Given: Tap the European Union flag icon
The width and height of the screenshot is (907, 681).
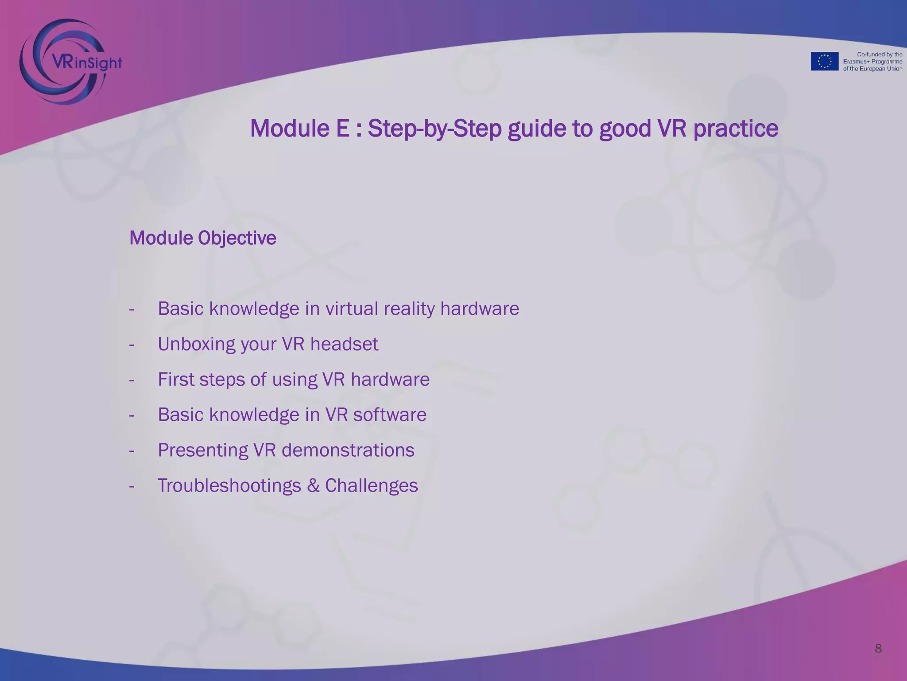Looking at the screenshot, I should pyautogui.click(x=824, y=61).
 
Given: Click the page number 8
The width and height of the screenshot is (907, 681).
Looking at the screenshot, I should pyautogui.click(x=878, y=649).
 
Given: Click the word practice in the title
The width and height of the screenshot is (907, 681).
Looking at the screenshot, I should pyautogui.click(x=735, y=129).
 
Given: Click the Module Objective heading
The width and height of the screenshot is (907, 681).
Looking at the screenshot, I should pyautogui.click(x=202, y=238).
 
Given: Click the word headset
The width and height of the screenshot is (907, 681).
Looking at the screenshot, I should pyautogui.click(x=344, y=344).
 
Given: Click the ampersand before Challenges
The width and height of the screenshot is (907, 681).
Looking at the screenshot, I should pyautogui.click(x=313, y=486).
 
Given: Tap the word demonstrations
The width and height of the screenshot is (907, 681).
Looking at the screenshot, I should pyautogui.click(x=348, y=450).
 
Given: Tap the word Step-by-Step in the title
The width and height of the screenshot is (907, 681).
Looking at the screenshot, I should pyautogui.click(x=434, y=129).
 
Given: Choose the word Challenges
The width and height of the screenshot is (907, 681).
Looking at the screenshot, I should pyautogui.click(x=371, y=486).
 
